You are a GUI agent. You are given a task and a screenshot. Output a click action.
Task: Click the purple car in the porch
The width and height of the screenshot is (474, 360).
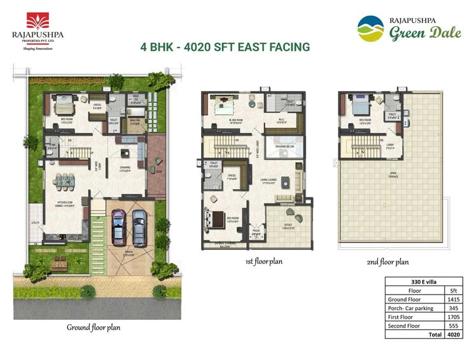[118, 226]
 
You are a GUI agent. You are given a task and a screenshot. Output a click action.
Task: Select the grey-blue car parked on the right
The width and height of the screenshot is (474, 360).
[138, 226]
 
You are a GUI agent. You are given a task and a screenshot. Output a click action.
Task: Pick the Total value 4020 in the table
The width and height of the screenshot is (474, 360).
[453, 334]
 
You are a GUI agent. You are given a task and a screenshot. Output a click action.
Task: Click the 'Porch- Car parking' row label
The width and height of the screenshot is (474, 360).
[410, 308]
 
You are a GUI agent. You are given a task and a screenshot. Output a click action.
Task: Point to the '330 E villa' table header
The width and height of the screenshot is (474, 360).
[423, 281]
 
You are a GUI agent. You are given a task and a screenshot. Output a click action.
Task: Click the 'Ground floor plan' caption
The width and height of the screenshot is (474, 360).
[94, 328]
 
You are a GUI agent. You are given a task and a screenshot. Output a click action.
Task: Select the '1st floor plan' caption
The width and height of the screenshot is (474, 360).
[263, 261]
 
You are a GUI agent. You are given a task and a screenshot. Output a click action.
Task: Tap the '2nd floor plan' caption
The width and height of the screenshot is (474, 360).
[387, 261]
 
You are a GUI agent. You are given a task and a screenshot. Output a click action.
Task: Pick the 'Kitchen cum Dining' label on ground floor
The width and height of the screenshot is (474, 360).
[63, 205]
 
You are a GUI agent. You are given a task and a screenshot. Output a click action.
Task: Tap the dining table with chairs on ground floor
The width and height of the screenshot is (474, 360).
[64, 181]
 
